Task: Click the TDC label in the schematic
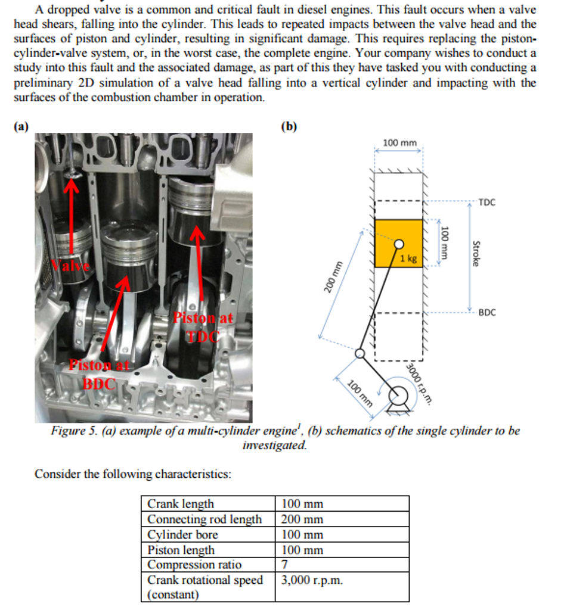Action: [x=486, y=203]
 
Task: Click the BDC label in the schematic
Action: [x=486, y=312]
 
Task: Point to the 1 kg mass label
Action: [x=408, y=258]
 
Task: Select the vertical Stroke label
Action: [x=476, y=253]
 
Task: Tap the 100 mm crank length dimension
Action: [x=360, y=393]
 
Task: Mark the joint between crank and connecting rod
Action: [x=360, y=354]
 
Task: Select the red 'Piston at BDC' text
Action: [x=98, y=374]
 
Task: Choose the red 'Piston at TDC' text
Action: [x=203, y=326]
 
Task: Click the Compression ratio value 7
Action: [x=284, y=564]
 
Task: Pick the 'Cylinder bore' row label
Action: [x=182, y=534]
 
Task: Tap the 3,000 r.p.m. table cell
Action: [x=312, y=580]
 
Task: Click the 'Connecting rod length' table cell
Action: [x=204, y=519]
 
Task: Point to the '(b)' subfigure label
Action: [x=289, y=126]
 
